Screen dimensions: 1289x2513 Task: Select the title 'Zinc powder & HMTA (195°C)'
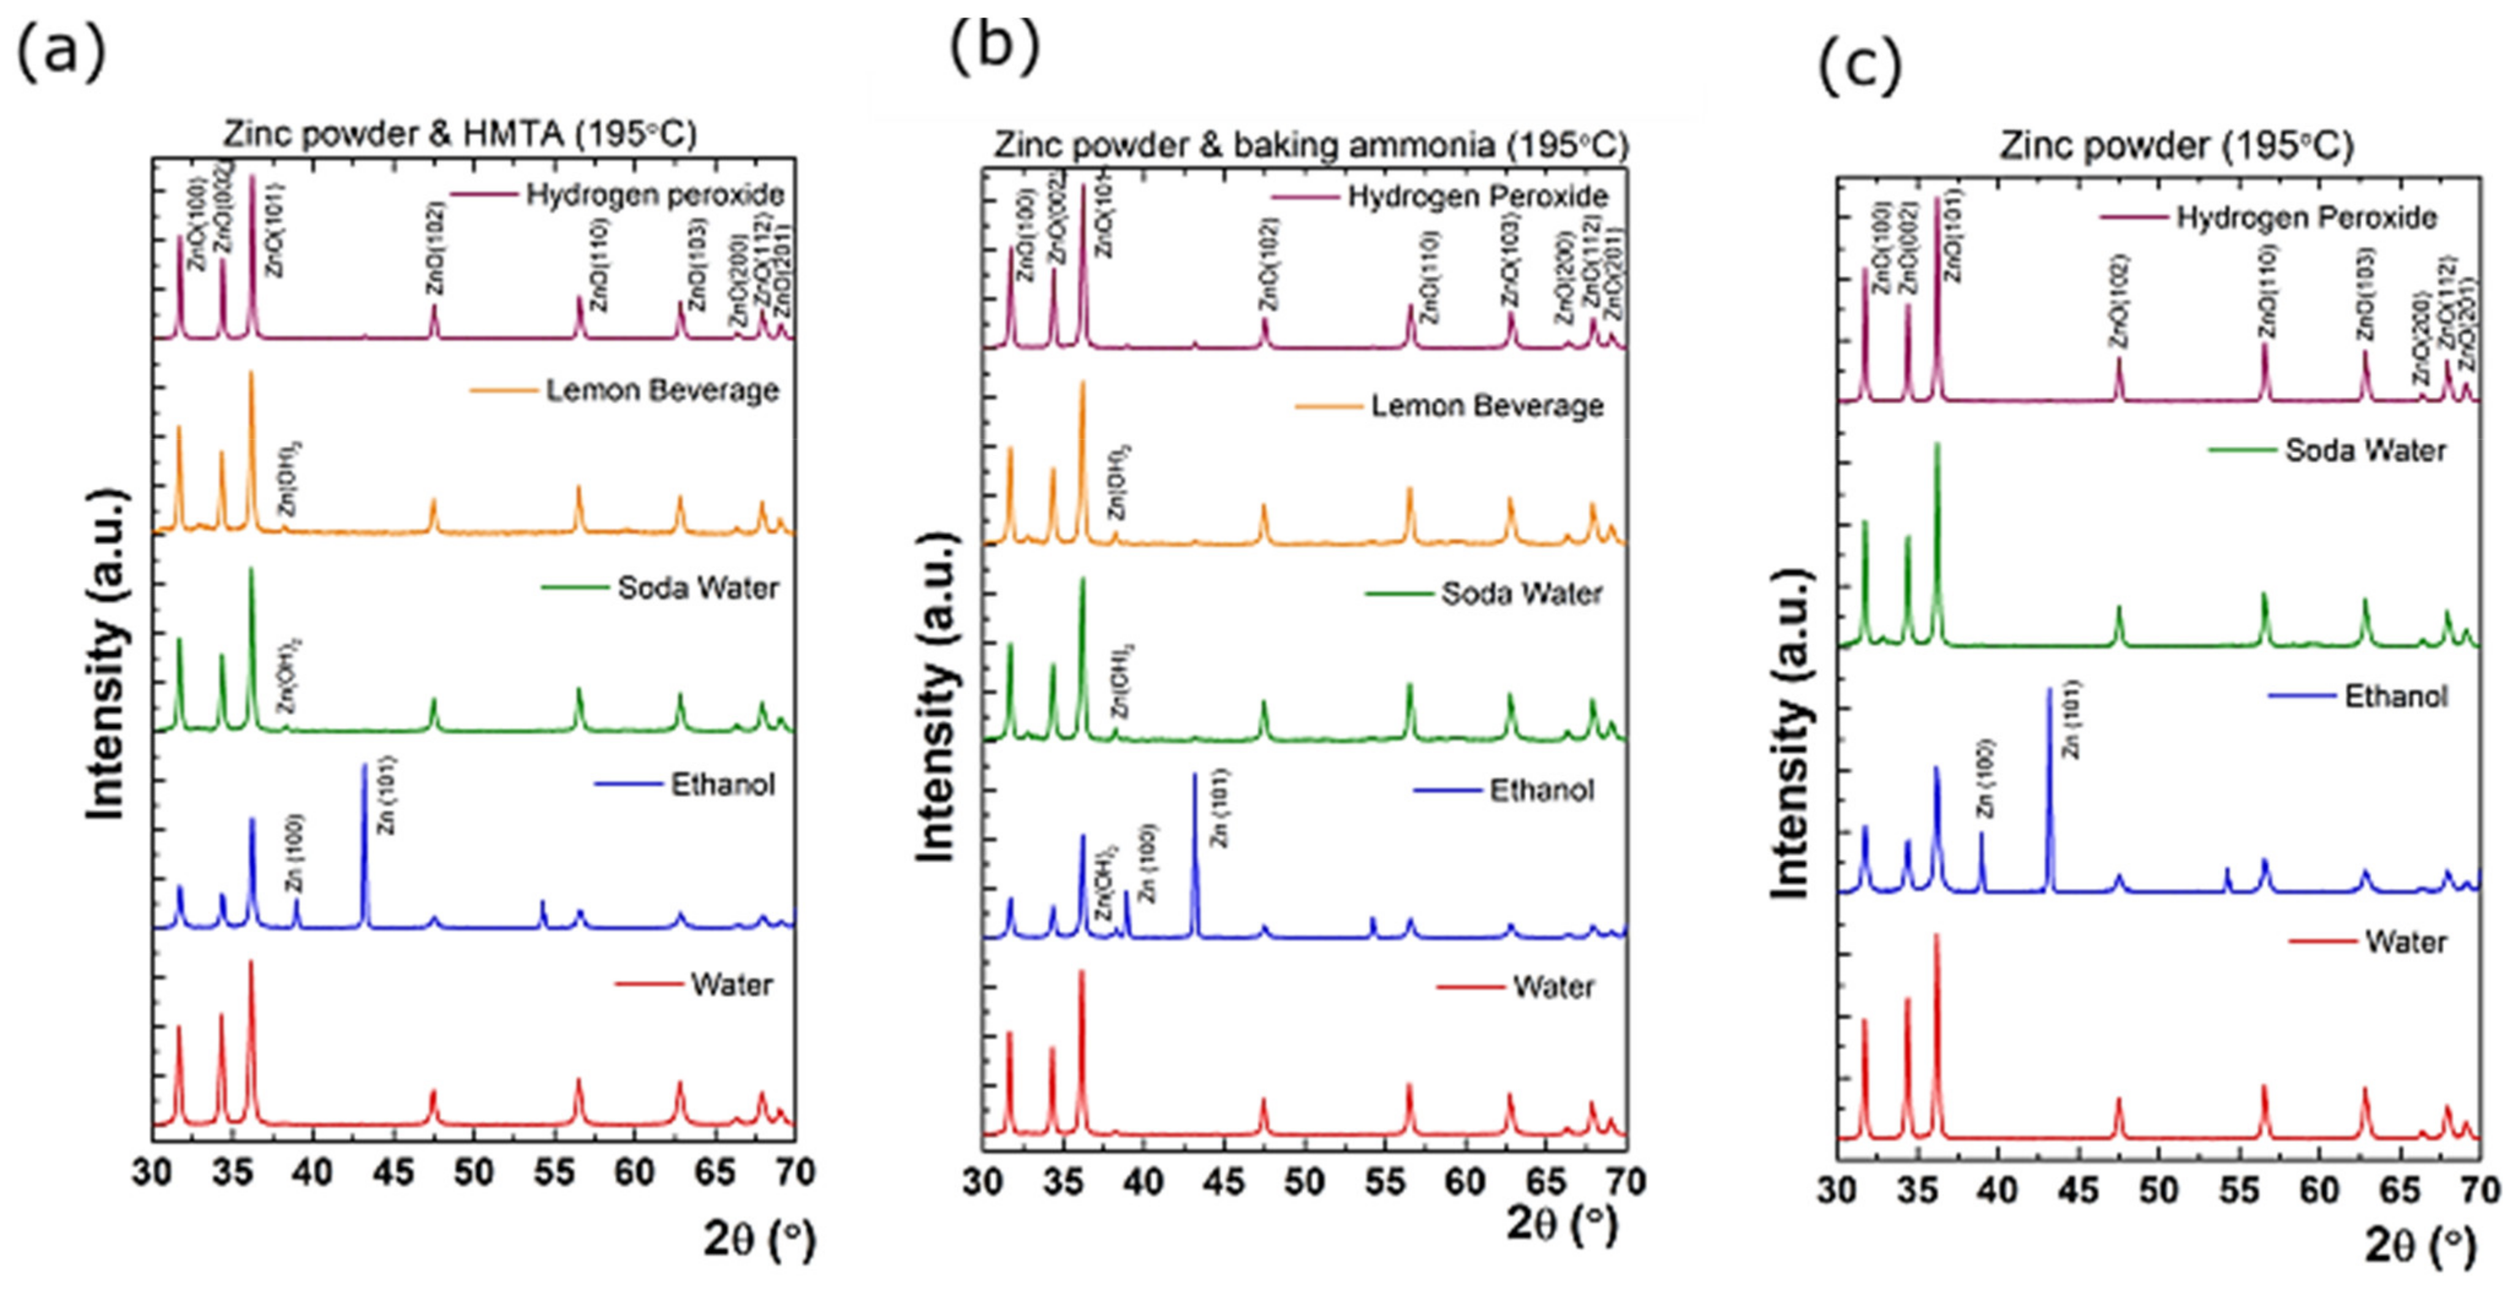click(x=460, y=134)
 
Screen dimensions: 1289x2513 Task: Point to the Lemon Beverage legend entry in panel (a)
click(x=661, y=390)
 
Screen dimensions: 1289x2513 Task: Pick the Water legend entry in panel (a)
click(x=730, y=984)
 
